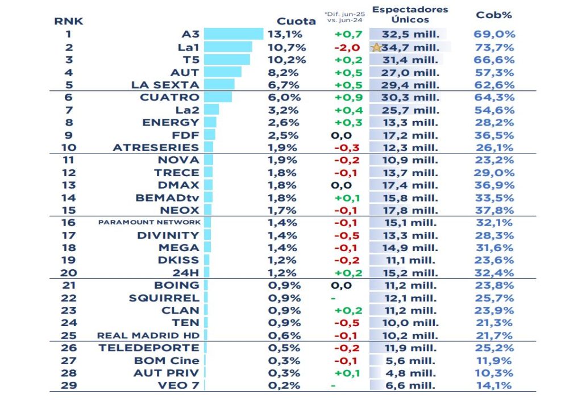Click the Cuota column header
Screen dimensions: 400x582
tap(296, 21)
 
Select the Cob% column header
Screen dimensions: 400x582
tap(494, 15)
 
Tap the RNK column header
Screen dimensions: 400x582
tap(69, 21)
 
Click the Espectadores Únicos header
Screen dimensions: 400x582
tap(409, 15)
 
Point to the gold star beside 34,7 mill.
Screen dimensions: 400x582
tap(376, 48)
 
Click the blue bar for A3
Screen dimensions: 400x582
tap(233, 34)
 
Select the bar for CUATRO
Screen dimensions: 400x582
tap(217, 97)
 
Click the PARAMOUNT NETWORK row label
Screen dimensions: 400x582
tap(149, 222)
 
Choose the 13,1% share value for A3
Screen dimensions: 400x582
tap(285, 34)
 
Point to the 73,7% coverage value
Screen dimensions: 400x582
tap(494, 47)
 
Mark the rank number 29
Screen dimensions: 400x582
tap(69, 385)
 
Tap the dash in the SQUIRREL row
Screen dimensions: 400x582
tap(333, 298)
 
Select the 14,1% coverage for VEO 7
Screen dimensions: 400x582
tap(494, 385)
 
